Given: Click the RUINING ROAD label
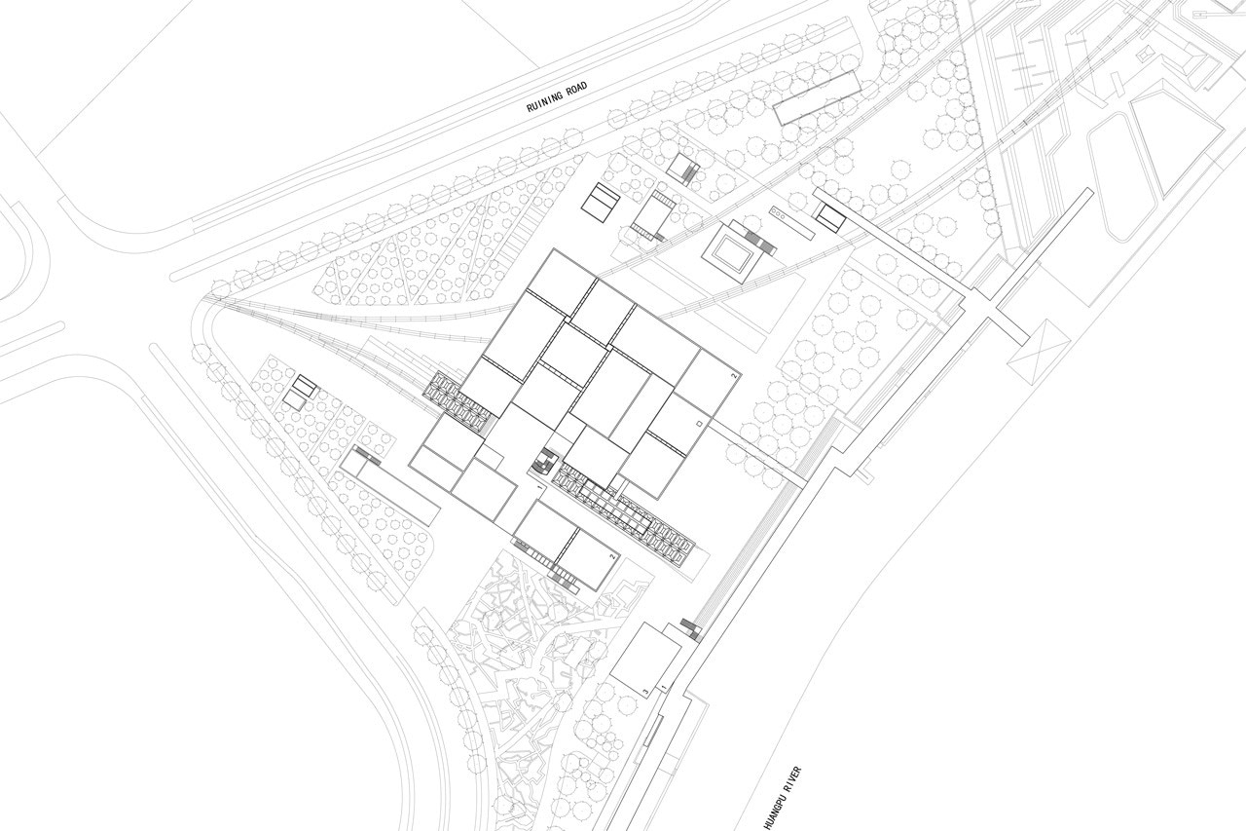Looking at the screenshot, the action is click(x=557, y=96).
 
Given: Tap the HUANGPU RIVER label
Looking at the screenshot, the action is click(x=783, y=798).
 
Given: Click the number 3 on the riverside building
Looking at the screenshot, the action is click(x=645, y=692).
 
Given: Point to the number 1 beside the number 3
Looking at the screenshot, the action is click(x=663, y=689).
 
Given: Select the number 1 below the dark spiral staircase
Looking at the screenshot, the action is click(x=539, y=486).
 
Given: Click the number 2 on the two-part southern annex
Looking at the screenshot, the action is click(x=612, y=555).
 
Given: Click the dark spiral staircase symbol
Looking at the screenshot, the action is click(x=542, y=463).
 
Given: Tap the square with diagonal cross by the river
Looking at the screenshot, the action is click(x=1039, y=351).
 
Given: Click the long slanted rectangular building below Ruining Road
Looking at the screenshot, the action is click(x=817, y=98).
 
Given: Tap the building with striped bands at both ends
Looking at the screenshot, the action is click(x=655, y=215).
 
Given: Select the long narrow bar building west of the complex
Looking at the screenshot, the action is click(x=390, y=485).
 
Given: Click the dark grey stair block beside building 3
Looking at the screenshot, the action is click(x=690, y=629).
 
